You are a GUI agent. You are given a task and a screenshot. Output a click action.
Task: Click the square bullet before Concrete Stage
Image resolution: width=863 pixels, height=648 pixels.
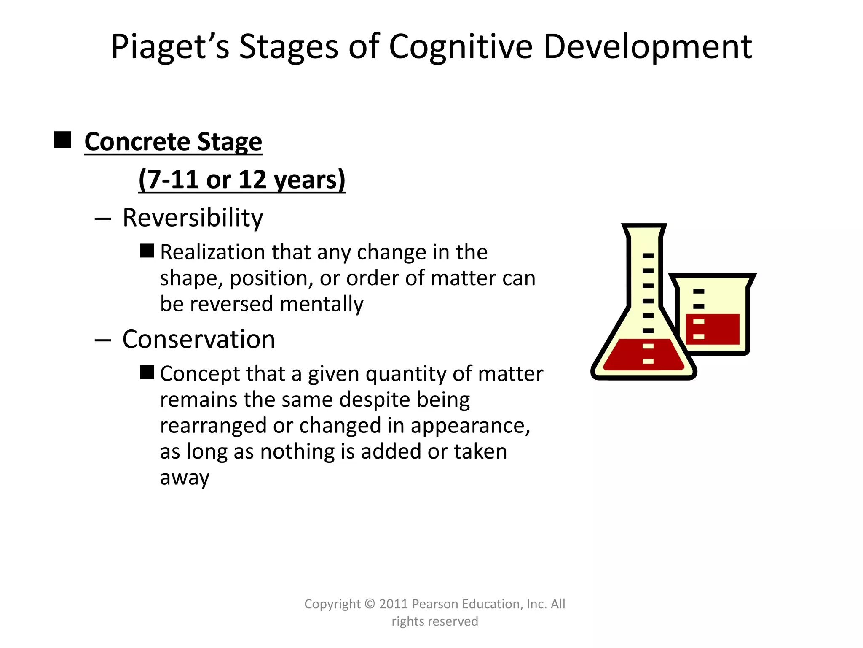pos(62,140)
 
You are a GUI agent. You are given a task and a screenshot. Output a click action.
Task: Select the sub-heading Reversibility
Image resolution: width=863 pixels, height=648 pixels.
pos(193,218)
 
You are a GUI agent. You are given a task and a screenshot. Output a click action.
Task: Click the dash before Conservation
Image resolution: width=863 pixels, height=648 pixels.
pos(102,340)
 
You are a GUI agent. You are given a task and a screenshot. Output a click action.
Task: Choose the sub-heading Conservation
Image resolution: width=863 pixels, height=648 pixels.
pos(198,339)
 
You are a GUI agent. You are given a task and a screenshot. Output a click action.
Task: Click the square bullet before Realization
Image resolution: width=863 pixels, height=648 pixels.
pos(147,251)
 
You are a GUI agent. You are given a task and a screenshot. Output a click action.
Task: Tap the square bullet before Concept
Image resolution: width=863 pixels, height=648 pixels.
pos(147,373)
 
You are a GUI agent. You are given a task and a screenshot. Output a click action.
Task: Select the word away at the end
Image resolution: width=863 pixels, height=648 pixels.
pos(185,478)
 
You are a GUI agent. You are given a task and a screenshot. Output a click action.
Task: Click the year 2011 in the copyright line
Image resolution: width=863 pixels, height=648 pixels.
pos(393,604)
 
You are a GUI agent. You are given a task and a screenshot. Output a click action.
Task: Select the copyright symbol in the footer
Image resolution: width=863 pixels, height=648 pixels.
pos(370,604)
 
